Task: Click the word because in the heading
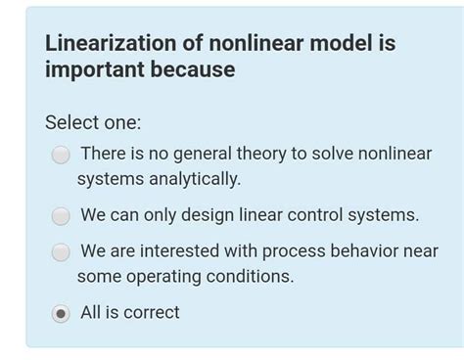[x=190, y=70]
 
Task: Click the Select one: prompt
[x=93, y=123]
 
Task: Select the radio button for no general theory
[x=61, y=155]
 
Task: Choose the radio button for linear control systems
[x=61, y=216]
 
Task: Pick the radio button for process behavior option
[x=61, y=252]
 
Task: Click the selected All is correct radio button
[x=61, y=313]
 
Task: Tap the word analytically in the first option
[x=193, y=179]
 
